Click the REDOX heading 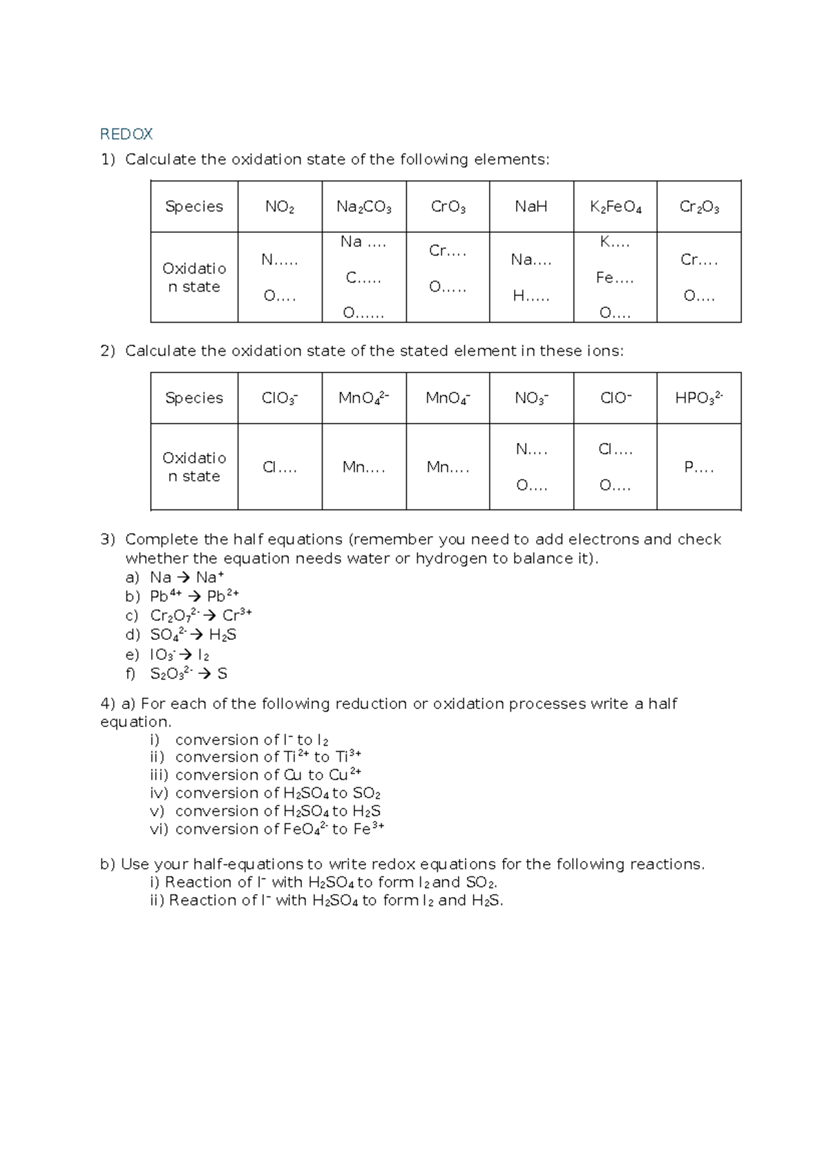coord(126,133)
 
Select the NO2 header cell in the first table coord(280,207)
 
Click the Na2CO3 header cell coord(364,207)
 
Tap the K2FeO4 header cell coord(615,207)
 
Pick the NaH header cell coord(531,207)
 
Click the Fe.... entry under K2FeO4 coord(614,278)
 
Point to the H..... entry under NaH coord(531,296)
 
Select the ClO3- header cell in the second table coord(280,398)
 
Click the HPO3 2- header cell coord(698,398)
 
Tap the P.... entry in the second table coord(698,467)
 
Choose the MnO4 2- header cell coord(364,398)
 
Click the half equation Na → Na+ coord(187,577)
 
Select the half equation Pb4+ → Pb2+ coord(194,596)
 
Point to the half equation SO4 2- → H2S coord(193,634)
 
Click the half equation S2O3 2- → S coord(188,673)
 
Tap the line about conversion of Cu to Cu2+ coord(268,775)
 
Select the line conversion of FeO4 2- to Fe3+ coord(279,829)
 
